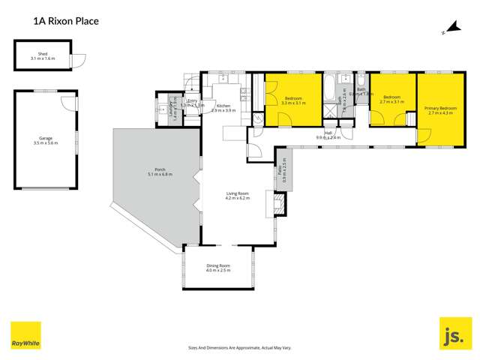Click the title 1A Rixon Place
point(66,22)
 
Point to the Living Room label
point(237,193)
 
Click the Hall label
point(328,133)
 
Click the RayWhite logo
point(25,335)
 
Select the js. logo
point(454,334)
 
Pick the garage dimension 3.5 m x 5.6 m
point(46,142)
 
